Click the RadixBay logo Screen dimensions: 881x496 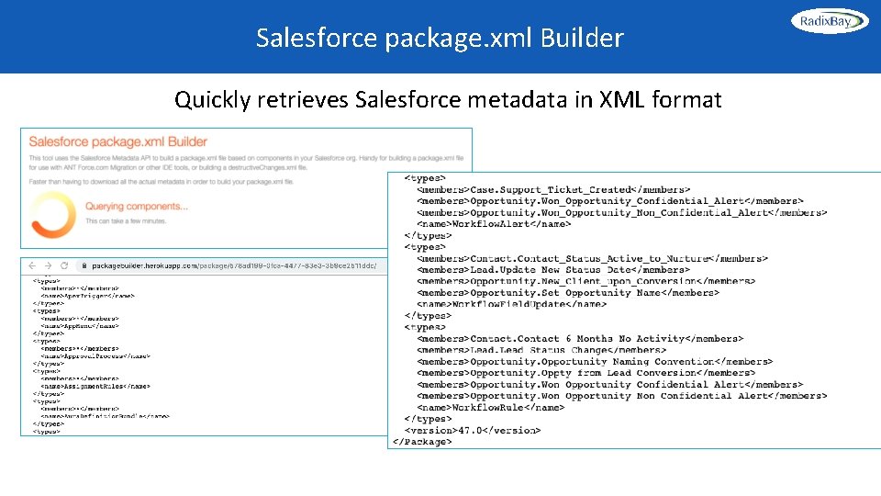[829, 20]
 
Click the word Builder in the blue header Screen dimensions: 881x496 [582, 38]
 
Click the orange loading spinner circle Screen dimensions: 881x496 [53, 212]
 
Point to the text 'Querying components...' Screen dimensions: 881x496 [136, 207]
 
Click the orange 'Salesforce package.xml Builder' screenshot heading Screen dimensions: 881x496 [118, 141]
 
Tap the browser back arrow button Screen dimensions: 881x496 [32, 265]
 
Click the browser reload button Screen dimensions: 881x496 [65, 265]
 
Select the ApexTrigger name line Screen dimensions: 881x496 [88, 296]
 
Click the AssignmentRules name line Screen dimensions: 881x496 [95, 386]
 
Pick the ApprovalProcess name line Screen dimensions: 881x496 [95, 355]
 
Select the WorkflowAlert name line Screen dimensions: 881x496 [494, 223]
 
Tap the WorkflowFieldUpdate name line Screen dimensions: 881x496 [511, 304]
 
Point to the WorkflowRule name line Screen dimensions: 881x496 [490, 407]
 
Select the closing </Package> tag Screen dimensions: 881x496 [422, 442]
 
